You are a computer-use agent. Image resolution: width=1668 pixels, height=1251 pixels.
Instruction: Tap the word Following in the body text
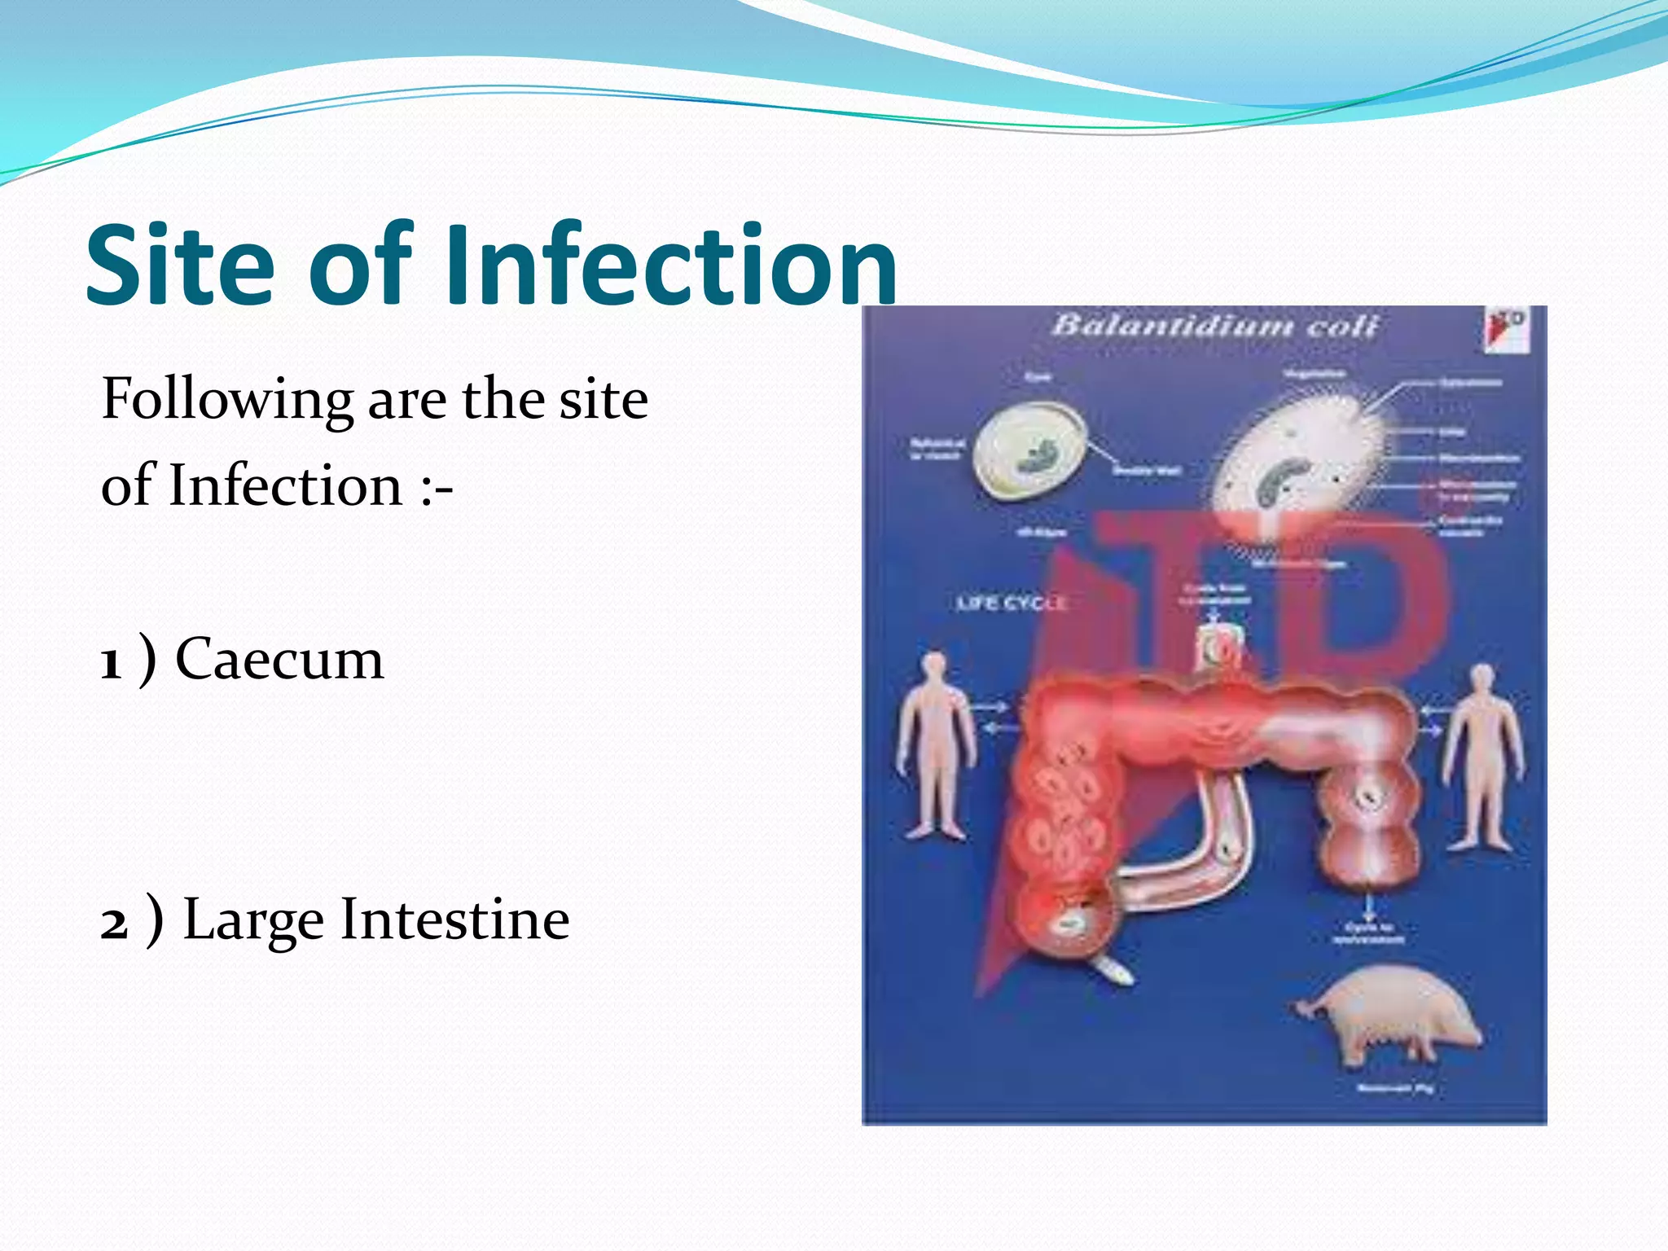pos(227,401)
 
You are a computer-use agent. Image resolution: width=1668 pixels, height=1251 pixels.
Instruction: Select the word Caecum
pos(279,659)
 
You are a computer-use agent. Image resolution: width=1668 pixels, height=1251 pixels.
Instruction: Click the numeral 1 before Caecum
pos(112,662)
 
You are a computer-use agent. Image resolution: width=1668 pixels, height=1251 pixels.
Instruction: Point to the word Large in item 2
pos(253,920)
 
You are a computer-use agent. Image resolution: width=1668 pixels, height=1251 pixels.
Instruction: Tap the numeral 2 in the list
pos(115,924)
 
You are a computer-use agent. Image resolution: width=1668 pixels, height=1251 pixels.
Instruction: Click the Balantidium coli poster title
pos(1214,326)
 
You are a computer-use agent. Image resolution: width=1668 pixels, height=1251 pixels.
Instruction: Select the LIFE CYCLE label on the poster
pos(1011,603)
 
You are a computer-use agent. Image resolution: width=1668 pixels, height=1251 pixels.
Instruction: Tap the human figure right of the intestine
pos(1482,757)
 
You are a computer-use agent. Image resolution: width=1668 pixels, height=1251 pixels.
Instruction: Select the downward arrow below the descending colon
pos(1370,906)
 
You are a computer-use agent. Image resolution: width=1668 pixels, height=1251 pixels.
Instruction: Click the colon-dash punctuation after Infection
pos(437,487)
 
